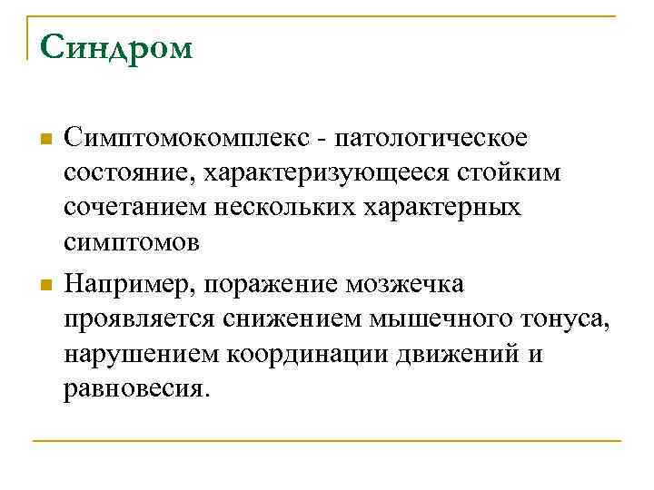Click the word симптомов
click(121, 242)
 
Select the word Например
click(132, 284)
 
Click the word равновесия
click(136, 387)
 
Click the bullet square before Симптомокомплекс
click(45, 141)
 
